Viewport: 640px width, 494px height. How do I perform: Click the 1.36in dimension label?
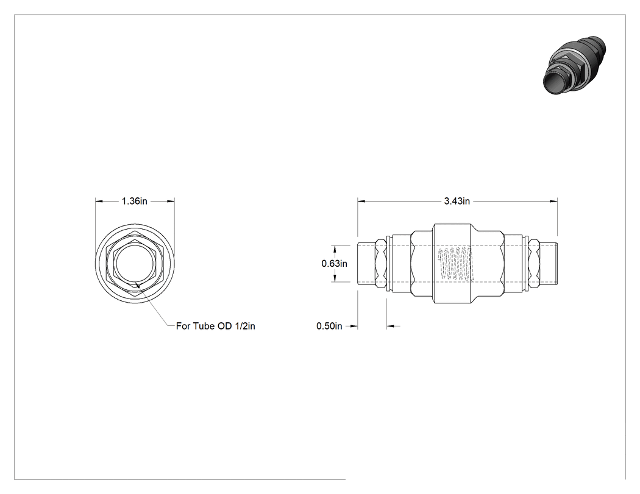click(x=134, y=201)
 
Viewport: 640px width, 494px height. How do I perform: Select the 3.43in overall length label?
click(x=457, y=201)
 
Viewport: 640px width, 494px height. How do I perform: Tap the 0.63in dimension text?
click(x=334, y=264)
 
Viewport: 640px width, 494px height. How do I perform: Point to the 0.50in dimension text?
click(x=329, y=326)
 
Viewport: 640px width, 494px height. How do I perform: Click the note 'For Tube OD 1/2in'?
click(x=216, y=326)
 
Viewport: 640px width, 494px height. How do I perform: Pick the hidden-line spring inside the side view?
click(x=455, y=263)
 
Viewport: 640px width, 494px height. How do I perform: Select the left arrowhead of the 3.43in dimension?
click(x=361, y=201)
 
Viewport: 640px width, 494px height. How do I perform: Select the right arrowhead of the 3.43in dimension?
click(x=554, y=201)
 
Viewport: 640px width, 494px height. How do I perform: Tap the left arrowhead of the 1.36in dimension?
click(x=99, y=201)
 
